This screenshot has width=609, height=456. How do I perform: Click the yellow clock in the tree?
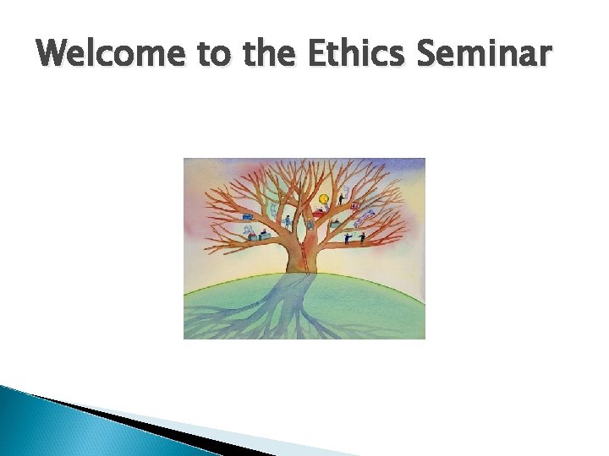323,200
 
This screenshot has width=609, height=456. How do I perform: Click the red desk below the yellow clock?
320,214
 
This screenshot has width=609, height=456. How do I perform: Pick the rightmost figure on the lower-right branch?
363,238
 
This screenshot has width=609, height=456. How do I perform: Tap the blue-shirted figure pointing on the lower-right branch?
347,239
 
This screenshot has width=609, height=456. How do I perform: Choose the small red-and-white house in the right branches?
354,207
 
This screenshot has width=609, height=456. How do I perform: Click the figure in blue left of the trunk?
288,221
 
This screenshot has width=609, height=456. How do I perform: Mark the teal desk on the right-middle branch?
335,225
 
